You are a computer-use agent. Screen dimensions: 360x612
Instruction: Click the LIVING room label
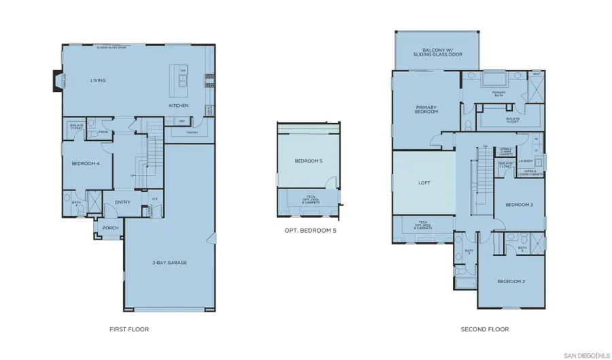tap(98, 80)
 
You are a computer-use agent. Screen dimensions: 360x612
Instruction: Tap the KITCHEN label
tap(179, 106)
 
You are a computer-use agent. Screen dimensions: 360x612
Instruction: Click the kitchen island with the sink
tap(183, 80)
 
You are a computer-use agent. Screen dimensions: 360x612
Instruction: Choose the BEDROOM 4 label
tap(86, 163)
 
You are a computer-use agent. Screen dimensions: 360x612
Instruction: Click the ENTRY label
tap(122, 201)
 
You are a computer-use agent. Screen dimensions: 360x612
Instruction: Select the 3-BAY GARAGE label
tap(169, 262)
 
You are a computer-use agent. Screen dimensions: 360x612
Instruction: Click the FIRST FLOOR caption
tap(129, 329)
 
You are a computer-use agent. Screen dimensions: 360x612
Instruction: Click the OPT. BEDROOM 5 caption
tap(310, 230)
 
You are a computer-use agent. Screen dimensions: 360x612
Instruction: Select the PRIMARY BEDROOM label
tap(427, 109)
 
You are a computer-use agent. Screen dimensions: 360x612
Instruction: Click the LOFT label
tap(424, 183)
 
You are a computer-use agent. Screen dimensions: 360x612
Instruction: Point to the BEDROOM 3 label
tap(518, 205)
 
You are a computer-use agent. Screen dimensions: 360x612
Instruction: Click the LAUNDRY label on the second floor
tap(525, 161)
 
